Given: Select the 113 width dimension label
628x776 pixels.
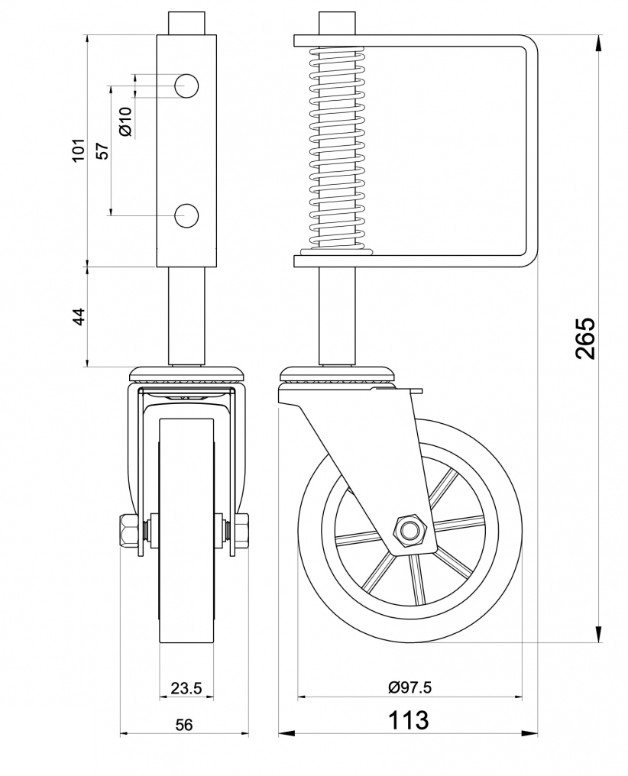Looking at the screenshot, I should point(409,720).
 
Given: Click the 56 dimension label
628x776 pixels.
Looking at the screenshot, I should point(184,725).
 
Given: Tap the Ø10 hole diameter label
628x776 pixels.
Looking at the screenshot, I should point(126,121).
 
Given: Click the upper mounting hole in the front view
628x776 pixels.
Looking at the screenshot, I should point(186,86).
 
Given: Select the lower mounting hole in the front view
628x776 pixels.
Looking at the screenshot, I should point(186,215).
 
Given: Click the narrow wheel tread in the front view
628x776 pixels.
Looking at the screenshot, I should point(186,535).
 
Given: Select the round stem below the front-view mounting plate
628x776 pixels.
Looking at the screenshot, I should point(186,315).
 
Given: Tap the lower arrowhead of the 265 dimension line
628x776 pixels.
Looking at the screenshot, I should point(598,635).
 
